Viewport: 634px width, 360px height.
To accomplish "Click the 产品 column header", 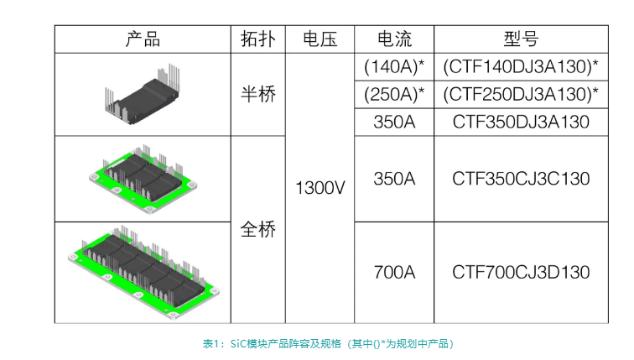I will pyautogui.click(x=143, y=39).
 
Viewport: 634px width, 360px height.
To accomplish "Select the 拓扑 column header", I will pyautogui.click(x=258, y=39).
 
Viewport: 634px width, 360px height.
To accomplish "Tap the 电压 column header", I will pyautogui.click(x=320, y=39).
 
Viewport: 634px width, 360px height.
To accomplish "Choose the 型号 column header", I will pyautogui.click(x=521, y=39).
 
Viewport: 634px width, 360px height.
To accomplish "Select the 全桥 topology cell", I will pyautogui.click(x=258, y=229).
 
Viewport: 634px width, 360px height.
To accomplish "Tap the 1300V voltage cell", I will pyautogui.click(x=320, y=188).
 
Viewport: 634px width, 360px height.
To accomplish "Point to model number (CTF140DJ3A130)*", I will pyautogui.click(x=521, y=66).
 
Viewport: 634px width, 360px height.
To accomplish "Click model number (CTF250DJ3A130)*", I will pyautogui.click(x=521, y=93).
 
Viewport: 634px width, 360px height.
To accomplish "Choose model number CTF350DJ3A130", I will pyautogui.click(x=521, y=122).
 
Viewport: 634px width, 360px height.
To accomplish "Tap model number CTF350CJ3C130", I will pyautogui.click(x=521, y=179).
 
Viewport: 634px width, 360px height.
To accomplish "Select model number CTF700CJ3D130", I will pyautogui.click(x=521, y=272).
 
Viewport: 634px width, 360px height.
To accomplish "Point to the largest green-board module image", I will pyautogui.click(x=143, y=273).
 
